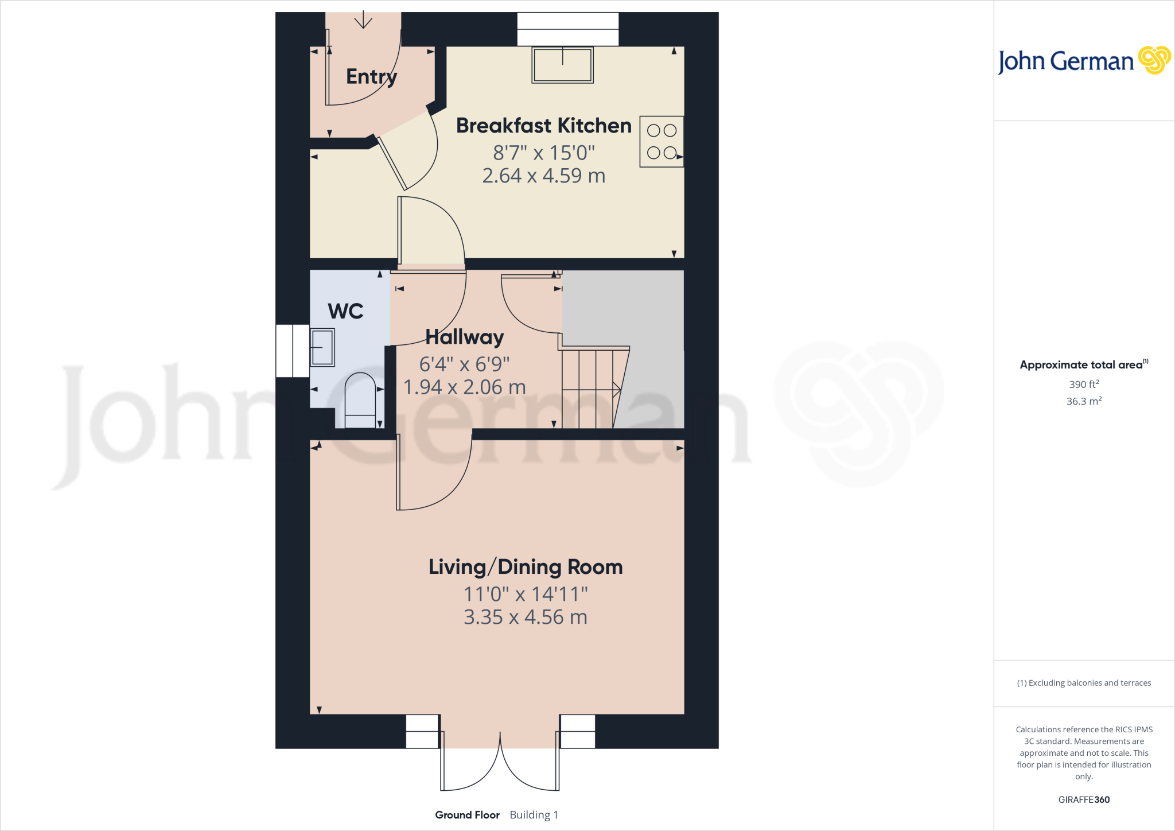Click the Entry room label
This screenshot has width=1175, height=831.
371,76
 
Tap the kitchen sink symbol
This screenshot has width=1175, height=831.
562,65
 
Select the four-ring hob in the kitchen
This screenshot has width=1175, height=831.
662,142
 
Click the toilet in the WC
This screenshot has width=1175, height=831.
360,399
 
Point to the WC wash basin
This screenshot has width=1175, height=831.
322,347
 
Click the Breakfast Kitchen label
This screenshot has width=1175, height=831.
543,125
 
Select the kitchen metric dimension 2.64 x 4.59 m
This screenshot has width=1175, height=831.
543,176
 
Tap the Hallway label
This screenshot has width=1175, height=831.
465,337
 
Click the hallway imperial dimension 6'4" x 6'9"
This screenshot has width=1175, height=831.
464,364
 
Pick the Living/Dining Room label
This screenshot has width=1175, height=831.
526,567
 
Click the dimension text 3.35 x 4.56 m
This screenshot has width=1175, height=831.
526,618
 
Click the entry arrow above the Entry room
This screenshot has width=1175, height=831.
363,20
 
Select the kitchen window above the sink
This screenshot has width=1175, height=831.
567,29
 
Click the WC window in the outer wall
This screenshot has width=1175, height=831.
293,351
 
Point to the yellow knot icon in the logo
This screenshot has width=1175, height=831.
1154,60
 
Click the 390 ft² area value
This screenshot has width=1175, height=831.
1084,385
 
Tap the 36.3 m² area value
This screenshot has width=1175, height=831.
1084,401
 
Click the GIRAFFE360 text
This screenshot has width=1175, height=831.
1084,799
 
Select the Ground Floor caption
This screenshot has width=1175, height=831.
467,815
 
